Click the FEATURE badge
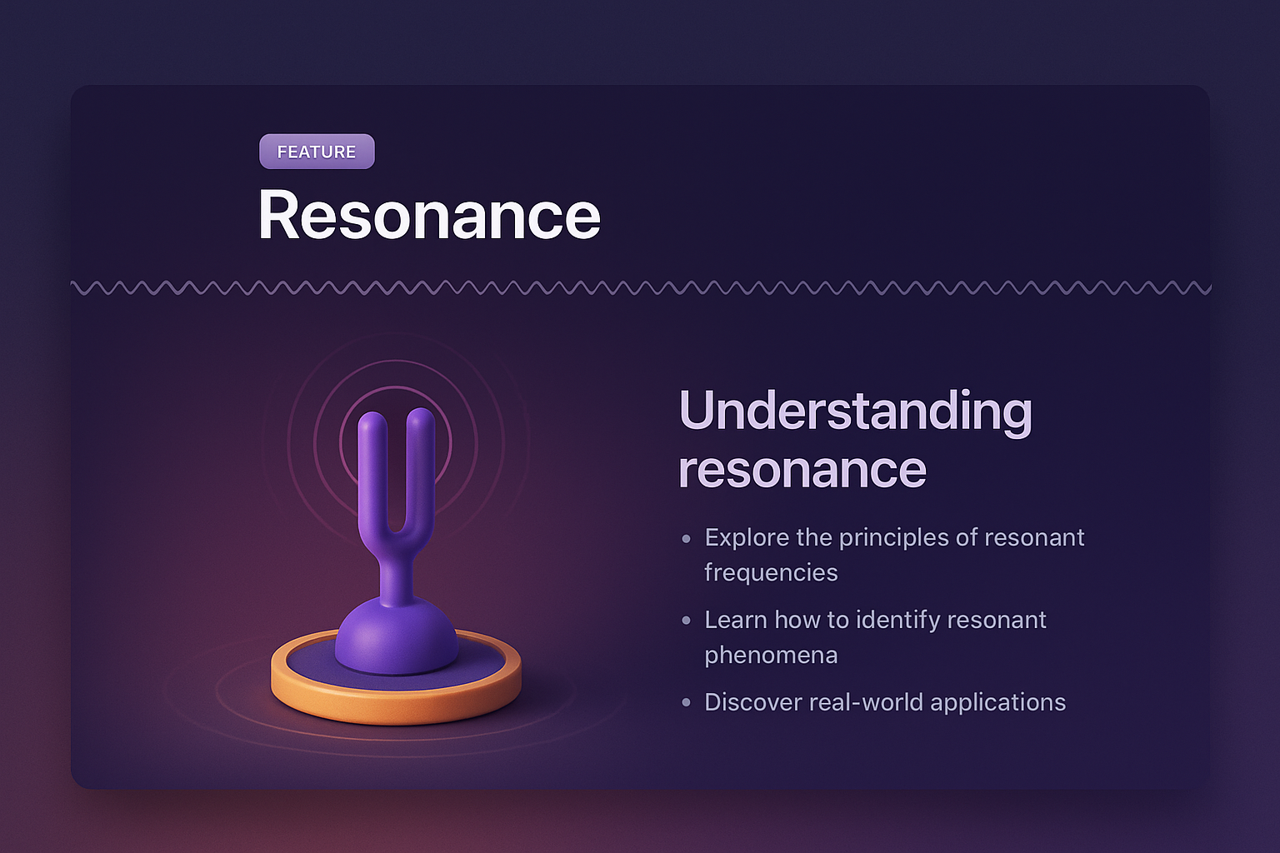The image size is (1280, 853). [x=317, y=152]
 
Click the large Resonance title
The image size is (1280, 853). [x=429, y=215]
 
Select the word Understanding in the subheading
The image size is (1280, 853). [x=856, y=412]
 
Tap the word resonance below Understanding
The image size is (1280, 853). [x=802, y=469]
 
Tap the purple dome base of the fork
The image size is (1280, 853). [x=396, y=637]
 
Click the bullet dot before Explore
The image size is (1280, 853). [x=686, y=539]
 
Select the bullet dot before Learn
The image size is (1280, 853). [x=686, y=621]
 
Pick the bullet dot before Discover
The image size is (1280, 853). [x=686, y=703]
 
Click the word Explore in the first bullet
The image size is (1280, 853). [x=747, y=538]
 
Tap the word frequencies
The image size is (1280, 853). [x=771, y=573]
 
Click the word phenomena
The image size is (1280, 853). [x=771, y=656]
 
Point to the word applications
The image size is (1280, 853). [x=997, y=703]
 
